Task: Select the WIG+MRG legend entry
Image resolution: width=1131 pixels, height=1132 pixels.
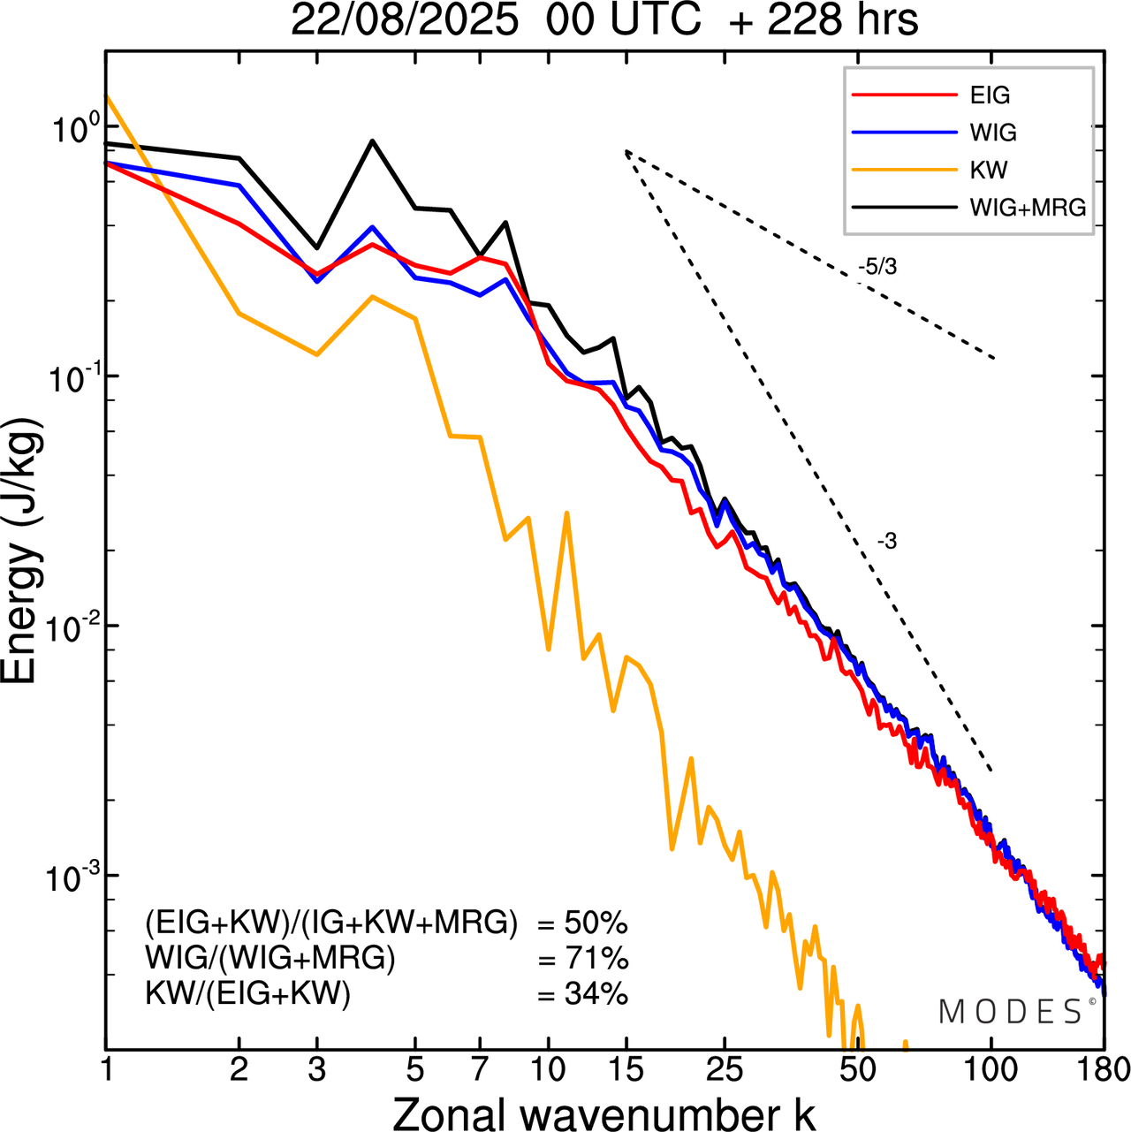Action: (x=1028, y=208)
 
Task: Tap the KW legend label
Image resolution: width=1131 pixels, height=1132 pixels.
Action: (x=989, y=170)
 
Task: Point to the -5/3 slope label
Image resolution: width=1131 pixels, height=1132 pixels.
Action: (x=877, y=267)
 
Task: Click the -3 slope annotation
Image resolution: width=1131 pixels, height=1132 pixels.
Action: (x=887, y=542)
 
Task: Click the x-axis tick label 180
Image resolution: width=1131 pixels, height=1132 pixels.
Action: (x=1102, y=1069)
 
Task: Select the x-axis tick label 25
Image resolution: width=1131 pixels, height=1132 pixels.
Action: (x=725, y=1069)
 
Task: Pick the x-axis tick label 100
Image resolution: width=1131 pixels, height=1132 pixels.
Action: (x=991, y=1069)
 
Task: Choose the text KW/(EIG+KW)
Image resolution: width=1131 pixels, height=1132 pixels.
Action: (x=248, y=994)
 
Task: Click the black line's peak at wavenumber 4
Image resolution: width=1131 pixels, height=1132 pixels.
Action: (x=372, y=141)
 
